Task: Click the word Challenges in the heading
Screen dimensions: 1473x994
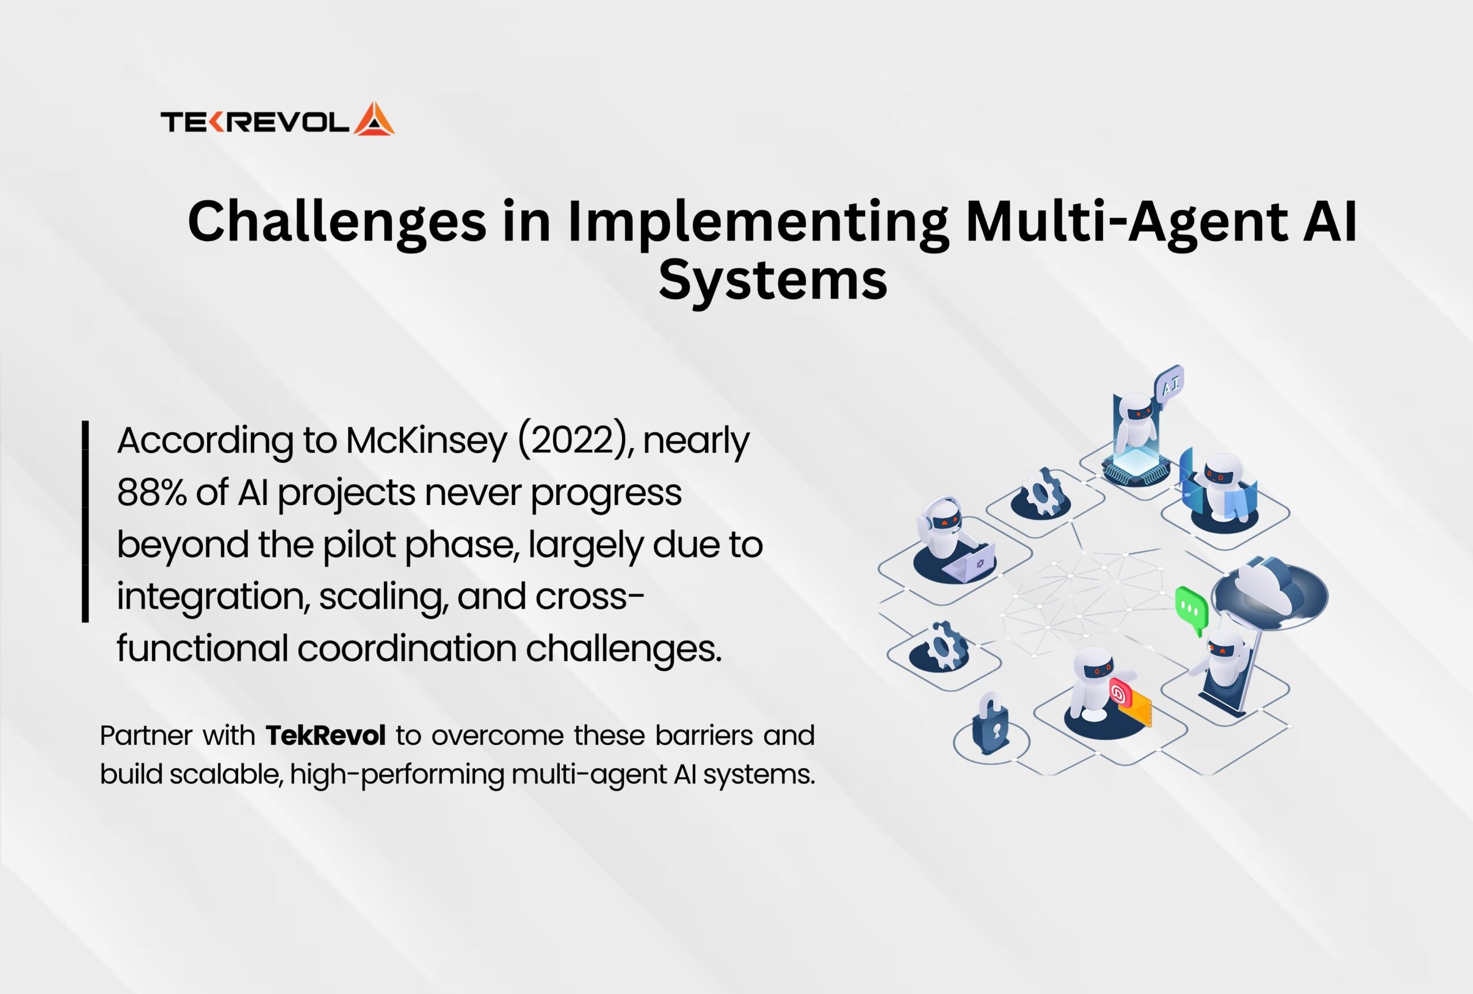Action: (x=337, y=223)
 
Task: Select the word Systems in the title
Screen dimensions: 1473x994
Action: (x=773, y=281)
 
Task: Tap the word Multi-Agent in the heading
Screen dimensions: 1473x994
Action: (x=1126, y=223)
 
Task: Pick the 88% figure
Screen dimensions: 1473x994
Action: (x=152, y=492)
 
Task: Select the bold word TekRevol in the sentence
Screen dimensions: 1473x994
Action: (x=325, y=736)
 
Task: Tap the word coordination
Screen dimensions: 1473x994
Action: (x=406, y=648)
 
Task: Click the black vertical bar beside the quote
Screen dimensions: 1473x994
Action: (x=85, y=521)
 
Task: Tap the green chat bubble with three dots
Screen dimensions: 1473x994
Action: (x=1192, y=611)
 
